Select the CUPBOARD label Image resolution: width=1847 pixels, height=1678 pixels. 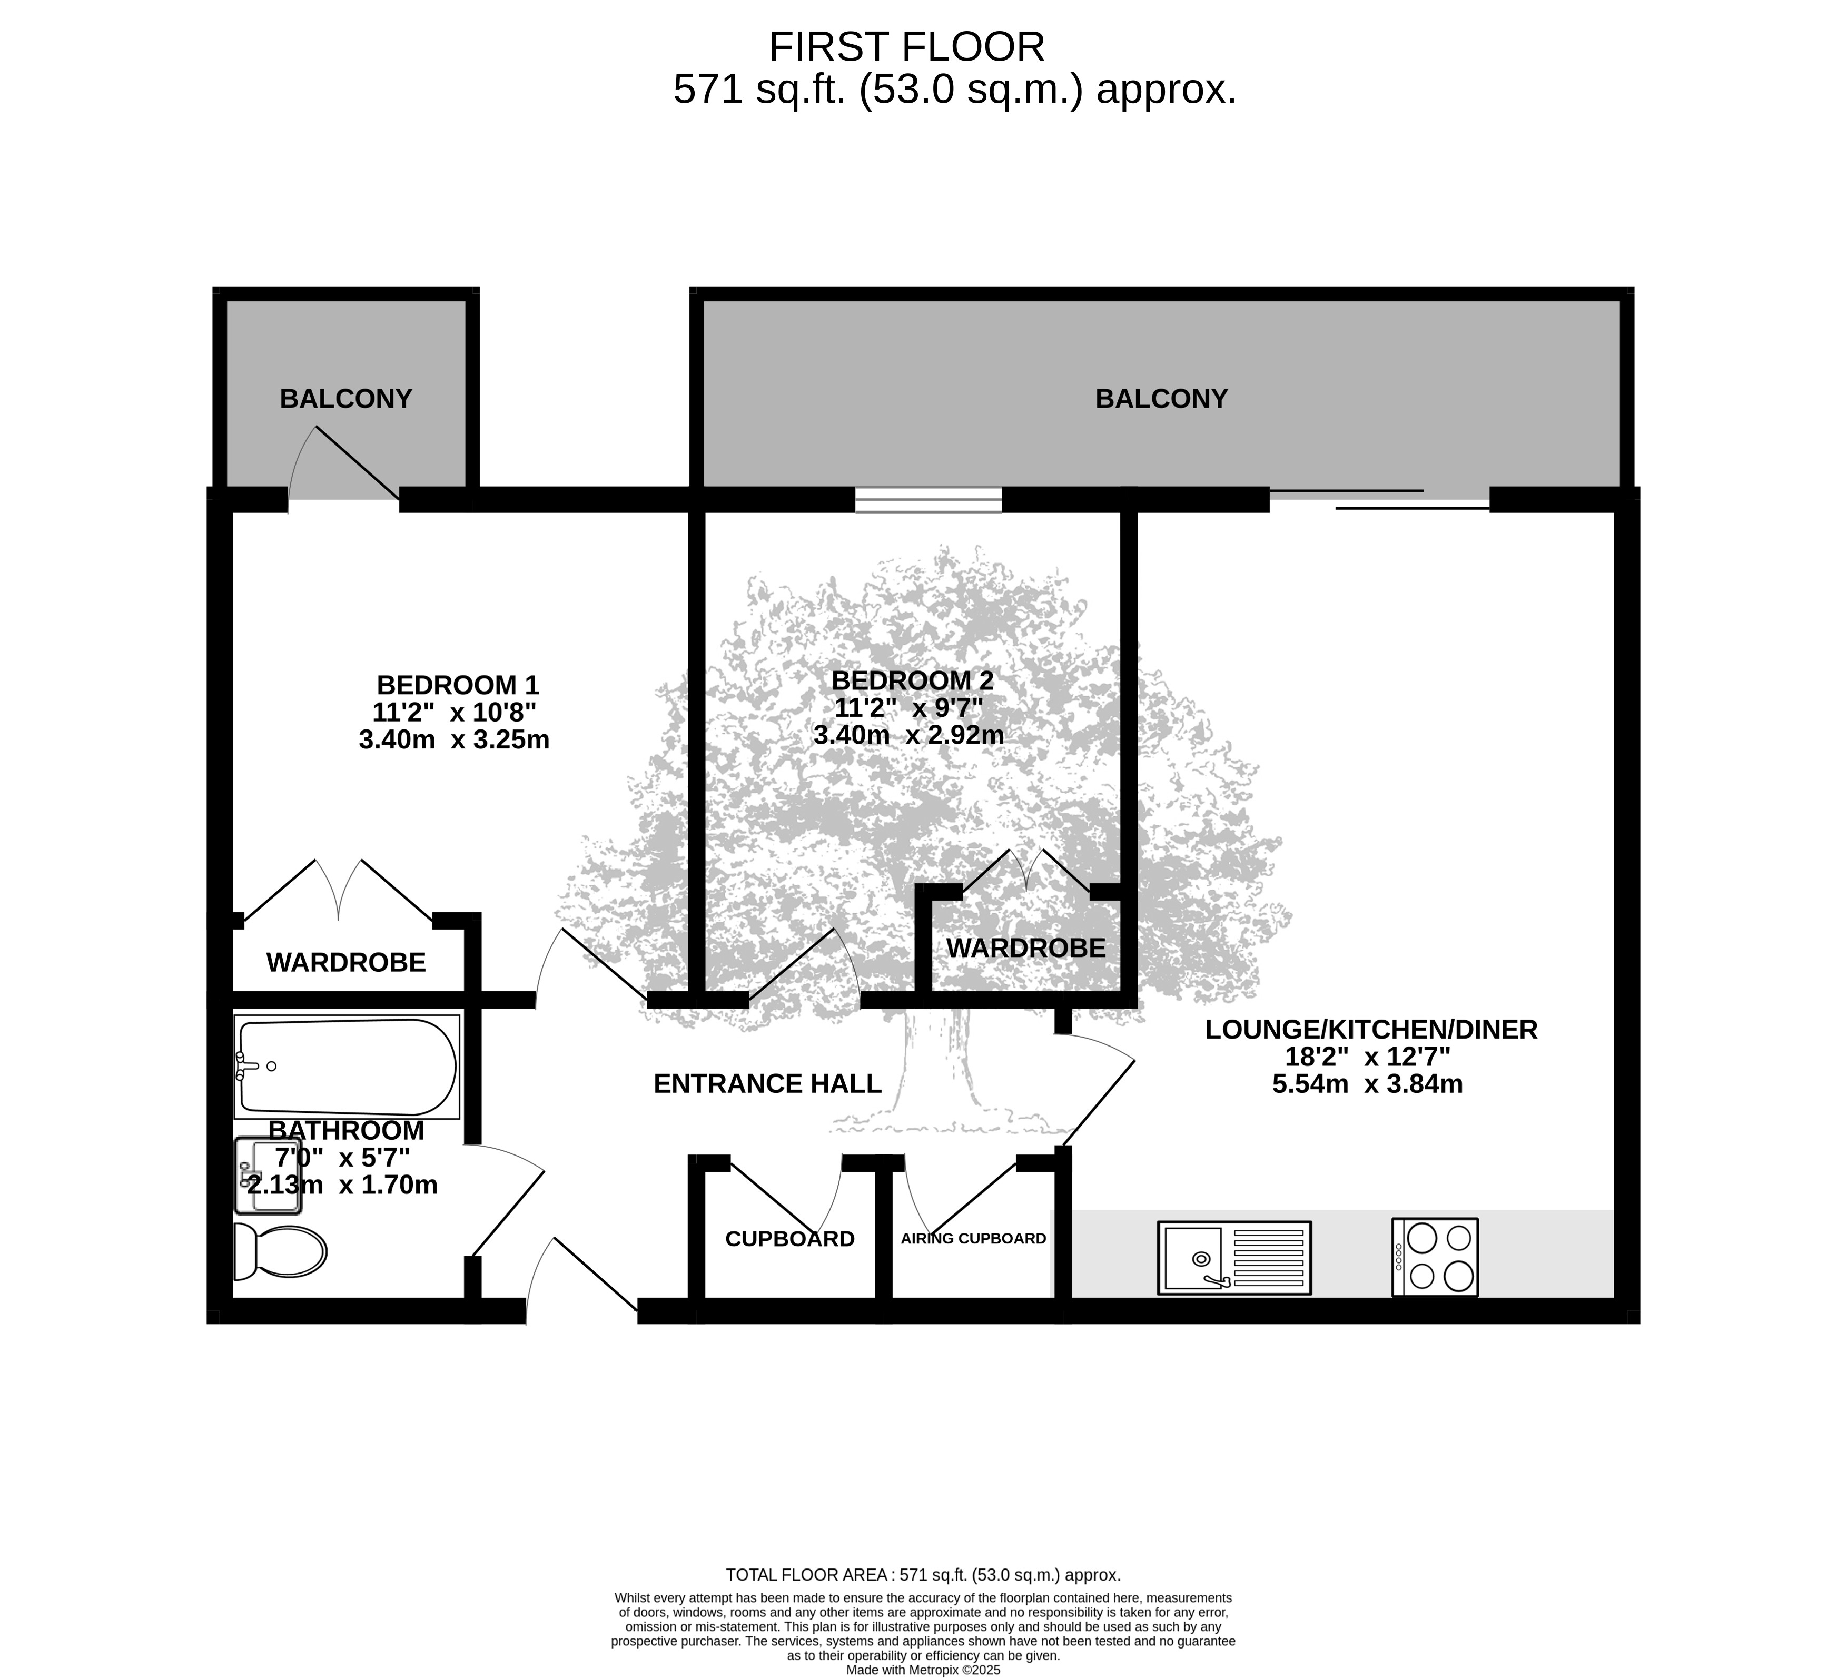790,1239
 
